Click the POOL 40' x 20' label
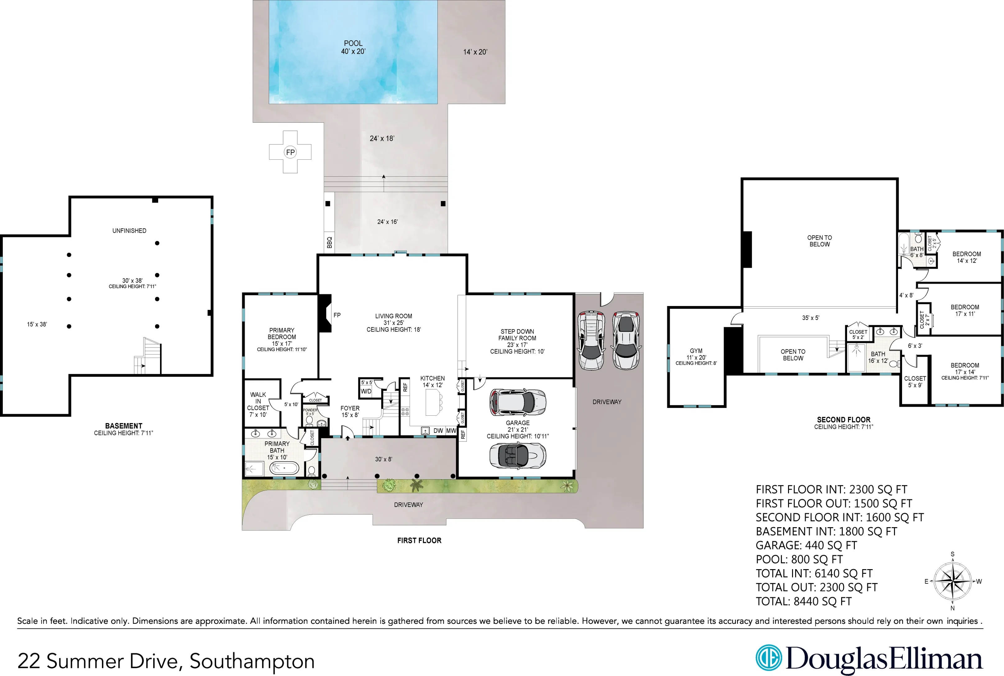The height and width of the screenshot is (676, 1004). point(353,47)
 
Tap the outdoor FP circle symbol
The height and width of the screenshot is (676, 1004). point(290,152)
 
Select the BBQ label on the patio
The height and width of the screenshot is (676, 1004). point(329,242)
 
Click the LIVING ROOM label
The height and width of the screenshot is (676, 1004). point(393,316)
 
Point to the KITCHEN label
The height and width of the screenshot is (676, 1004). point(433,378)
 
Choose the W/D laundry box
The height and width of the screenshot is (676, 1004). point(366,391)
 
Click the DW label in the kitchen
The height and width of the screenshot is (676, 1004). point(438,431)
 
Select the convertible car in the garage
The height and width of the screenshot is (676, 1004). point(517,456)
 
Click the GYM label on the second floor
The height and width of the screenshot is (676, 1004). point(696,351)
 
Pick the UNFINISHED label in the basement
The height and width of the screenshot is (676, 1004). point(129,231)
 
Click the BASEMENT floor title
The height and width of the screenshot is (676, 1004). point(124,426)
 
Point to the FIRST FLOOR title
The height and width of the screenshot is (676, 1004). point(419,541)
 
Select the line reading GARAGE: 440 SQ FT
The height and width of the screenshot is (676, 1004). point(806,546)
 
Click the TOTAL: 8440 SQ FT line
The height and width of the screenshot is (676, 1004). point(804,601)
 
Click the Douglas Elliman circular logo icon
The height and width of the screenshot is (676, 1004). point(768,658)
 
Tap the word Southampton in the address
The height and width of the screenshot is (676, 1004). point(252,662)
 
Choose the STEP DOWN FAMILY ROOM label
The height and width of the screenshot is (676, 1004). point(517,335)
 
